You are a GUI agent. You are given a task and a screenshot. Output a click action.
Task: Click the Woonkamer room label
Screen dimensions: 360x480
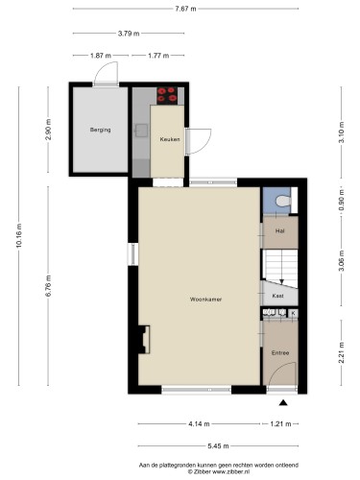coord(205,300)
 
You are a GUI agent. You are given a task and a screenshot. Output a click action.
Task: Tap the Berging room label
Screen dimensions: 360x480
coord(100,130)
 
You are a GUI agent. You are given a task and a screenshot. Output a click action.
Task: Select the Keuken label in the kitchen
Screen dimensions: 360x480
coord(170,139)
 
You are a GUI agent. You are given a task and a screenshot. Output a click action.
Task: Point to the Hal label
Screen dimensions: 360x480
coord(280,230)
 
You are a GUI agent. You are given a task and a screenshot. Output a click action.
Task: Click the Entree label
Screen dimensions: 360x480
coord(280,352)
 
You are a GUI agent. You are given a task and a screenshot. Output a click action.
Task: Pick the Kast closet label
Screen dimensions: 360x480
coord(277,296)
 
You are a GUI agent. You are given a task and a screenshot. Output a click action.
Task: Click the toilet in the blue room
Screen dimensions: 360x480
coord(283,201)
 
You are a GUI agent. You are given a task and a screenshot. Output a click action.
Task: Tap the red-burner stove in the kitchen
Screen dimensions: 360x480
coord(167,95)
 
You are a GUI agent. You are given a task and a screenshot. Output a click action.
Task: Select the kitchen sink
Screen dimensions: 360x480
coord(141,131)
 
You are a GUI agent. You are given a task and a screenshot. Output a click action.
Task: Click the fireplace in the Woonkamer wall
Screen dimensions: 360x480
coord(144,339)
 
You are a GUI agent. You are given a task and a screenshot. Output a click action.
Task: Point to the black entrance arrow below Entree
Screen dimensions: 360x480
coord(283,402)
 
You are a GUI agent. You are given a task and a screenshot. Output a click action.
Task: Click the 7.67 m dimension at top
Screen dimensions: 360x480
coord(185,9)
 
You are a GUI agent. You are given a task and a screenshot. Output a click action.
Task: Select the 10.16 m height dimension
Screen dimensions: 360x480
coord(18,236)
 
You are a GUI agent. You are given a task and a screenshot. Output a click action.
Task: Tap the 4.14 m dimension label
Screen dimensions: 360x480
coord(199,424)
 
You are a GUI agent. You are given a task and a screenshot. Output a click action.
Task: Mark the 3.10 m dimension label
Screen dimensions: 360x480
coord(342,132)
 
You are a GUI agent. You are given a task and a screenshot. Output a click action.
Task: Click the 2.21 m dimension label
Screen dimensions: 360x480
coord(342,352)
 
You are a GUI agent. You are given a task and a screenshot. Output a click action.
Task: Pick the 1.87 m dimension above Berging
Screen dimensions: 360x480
coord(101,56)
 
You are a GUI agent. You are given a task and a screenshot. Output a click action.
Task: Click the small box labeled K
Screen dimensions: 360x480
coord(293,313)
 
